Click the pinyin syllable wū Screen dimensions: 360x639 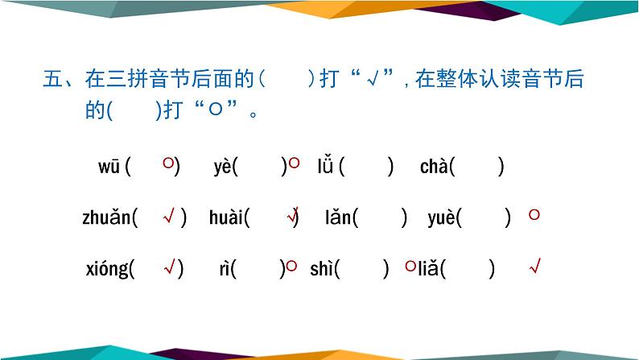coord(109,167)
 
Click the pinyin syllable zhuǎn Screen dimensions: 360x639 coord(106,217)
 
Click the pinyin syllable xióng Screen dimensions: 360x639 coord(107,269)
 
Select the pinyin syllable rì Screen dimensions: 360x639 coord(224,269)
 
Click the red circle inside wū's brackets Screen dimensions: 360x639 coord(167,163)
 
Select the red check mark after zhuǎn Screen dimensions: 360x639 coord(169,216)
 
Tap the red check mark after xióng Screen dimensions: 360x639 coord(169,267)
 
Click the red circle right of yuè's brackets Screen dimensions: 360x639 coord(534,214)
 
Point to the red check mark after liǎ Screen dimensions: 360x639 coord(534,266)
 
